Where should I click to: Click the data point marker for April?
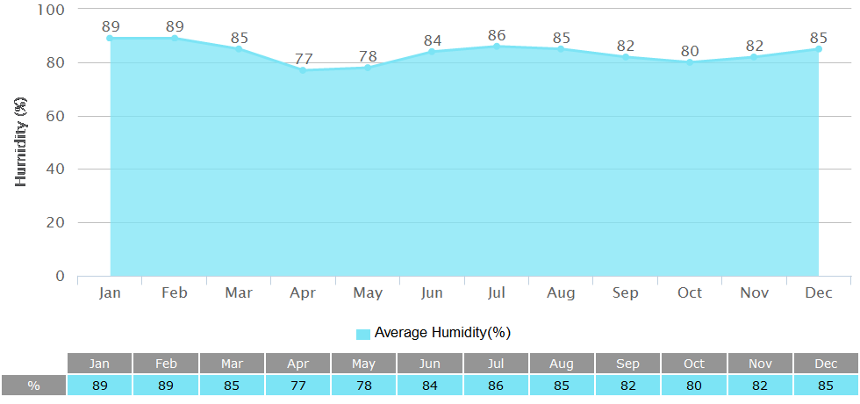(303, 70)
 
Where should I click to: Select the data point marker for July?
(497, 46)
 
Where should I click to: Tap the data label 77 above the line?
(304, 59)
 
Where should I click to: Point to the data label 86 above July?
(497, 35)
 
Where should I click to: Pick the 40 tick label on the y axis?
(54, 170)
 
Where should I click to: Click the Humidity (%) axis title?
(22, 142)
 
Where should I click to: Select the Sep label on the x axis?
(626, 292)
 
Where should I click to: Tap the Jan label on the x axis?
(110, 292)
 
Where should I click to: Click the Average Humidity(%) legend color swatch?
(363, 334)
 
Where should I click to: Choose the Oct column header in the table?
(693, 364)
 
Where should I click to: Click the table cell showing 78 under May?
(363, 386)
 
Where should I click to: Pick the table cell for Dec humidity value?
(826, 386)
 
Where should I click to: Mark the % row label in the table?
(34, 386)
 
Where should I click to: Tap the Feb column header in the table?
(166, 364)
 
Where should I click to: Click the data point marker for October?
(690, 62)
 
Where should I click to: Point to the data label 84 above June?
(432, 40)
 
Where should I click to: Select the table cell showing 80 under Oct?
(693, 386)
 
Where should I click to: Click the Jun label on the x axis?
(432, 292)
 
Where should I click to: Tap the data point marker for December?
(819, 49)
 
